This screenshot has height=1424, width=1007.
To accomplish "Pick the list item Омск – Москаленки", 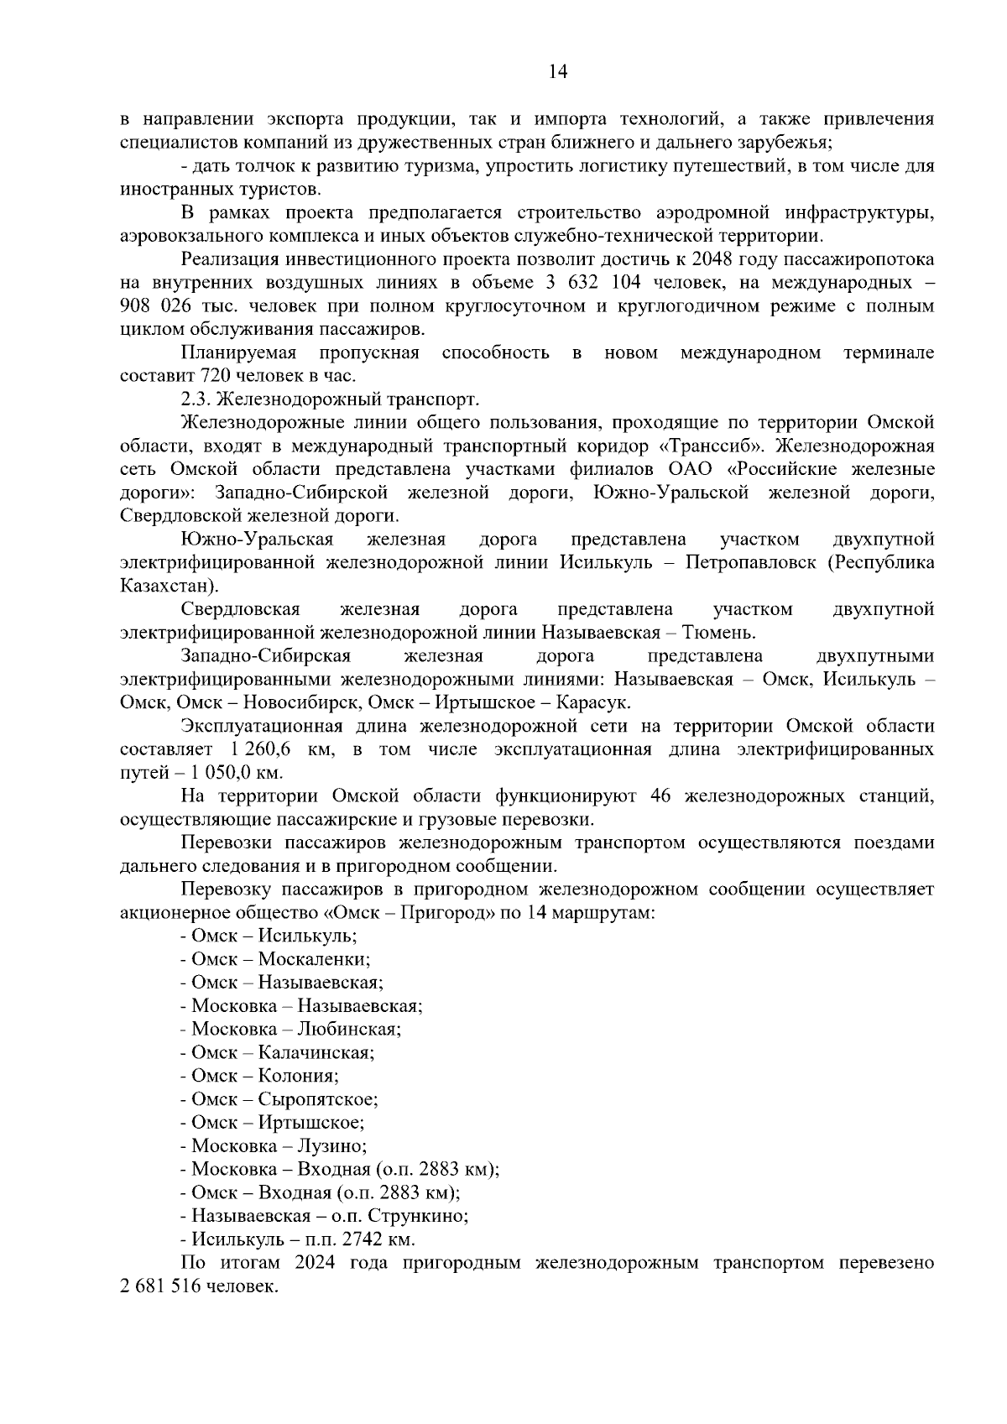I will click(275, 958).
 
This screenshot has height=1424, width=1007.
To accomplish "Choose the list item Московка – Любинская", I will click(290, 1029).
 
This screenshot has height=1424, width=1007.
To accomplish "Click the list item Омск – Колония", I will click(259, 1076).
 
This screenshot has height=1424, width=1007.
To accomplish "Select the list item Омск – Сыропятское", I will click(279, 1099).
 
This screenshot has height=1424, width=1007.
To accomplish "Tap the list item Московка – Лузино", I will click(273, 1145).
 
